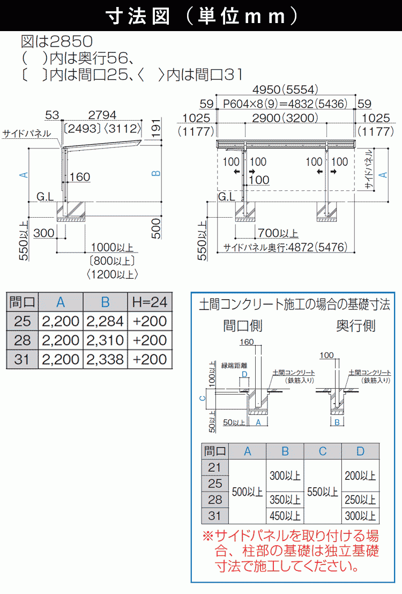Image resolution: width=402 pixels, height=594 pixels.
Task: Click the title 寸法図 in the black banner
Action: [x=140, y=17]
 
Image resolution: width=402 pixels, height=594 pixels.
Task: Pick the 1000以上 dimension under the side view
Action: [x=112, y=247]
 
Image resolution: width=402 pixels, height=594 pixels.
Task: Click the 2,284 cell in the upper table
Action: [x=105, y=321]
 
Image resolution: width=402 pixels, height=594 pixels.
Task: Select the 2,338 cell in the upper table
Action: [x=105, y=359]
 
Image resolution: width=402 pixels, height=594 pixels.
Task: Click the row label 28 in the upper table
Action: [x=22, y=340]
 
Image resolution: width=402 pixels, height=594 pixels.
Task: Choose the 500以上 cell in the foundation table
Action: [x=247, y=491]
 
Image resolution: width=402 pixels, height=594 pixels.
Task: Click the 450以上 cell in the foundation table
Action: [x=285, y=516]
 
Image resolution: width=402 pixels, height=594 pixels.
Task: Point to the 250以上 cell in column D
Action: [x=360, y=500]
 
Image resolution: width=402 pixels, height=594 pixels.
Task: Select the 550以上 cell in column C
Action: [x=322, y=491]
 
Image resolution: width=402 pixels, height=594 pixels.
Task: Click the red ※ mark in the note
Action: [x=207, y=536]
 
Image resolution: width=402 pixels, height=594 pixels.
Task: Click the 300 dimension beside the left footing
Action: [x=43, y=233]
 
